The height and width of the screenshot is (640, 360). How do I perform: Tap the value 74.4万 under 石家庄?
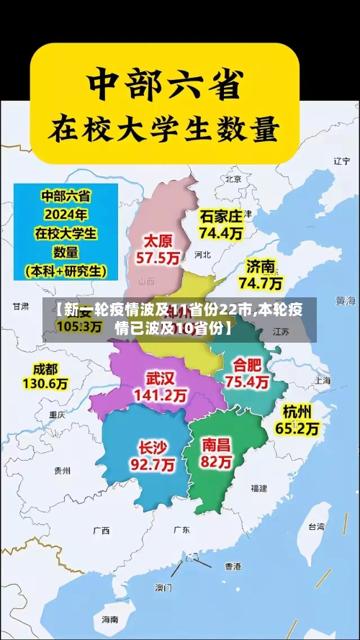click(x=221, y=233)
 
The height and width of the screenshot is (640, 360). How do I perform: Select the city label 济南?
click(x=261, y=265)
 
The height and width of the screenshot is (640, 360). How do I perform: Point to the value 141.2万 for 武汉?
click(x=160, y=395)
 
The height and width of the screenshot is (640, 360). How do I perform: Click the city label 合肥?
click(x=247, y=364)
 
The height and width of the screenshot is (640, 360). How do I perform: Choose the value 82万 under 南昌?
click(x=217, y=462)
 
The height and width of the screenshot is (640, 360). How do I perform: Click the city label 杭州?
click(x=297, y=411)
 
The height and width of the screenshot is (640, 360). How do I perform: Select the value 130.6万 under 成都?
click(x=45, y=384)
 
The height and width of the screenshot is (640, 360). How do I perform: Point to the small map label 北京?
click(x=233, y=179)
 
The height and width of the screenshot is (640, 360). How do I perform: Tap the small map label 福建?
click(x=259, y=488)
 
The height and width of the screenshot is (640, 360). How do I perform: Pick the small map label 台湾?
click(x=316, y=526)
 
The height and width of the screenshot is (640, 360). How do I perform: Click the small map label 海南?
click(x=109, y=619)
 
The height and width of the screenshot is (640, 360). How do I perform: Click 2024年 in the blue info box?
click(x=65, y=214)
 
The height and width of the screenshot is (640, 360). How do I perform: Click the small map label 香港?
click(x=233, y=567)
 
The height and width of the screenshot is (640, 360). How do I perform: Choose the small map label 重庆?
click(x=57, y=415)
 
